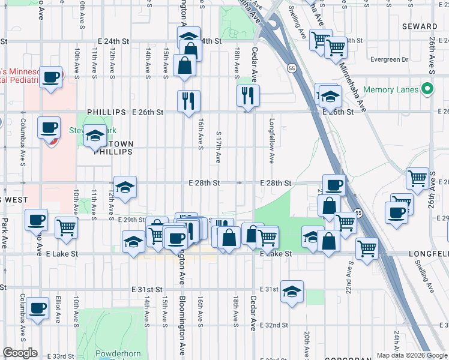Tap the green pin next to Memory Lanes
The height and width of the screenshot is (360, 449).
click(x=427, y=90)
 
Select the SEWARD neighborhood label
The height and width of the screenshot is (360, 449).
click(x=420, y=26)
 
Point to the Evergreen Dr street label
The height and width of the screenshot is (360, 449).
click(x=389, y=59)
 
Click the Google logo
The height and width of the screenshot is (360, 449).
click(x=20, y=353)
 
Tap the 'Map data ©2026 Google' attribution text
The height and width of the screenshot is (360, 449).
click(x=411, y=355)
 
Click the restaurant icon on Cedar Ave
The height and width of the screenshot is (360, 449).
click(x=247, y=95)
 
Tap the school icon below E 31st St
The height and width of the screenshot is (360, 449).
click(x=292, y=293)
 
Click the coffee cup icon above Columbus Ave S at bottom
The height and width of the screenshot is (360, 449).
click(x=38, y=308)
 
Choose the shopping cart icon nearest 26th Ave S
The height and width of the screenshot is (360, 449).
click(x=418, y=178)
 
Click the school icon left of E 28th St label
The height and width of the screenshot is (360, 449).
click(x=125, y=188)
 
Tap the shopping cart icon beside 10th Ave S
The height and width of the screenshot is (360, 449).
click(x=66, y=227)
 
